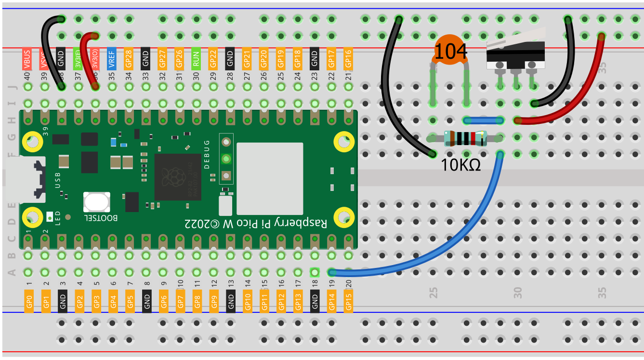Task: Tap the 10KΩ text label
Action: [x=460, y=165]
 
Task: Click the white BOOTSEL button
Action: [x=96, y=202]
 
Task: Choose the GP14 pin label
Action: [x=331, y=301]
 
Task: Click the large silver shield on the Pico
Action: [x=270, y=178]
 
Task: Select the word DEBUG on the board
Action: [x=207, y=154]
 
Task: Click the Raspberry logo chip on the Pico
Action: [x=177, y=177]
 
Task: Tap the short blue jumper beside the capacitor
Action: [x=483, y=120]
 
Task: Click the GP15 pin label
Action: [x=349, y=301]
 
